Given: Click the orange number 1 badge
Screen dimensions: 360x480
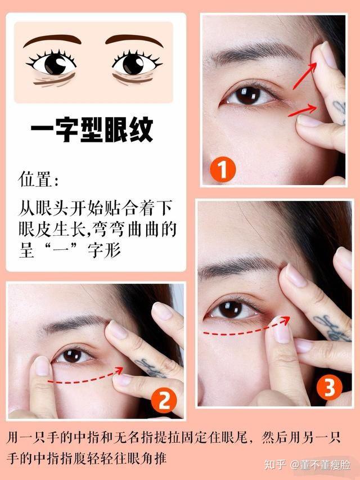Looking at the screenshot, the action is [x=223, y=169].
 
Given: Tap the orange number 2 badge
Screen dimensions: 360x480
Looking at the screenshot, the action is [x=164, y=400].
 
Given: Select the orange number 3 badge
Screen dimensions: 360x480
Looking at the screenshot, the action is [x=329, y=387].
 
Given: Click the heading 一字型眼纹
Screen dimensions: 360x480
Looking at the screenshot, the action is [x=92, y=129].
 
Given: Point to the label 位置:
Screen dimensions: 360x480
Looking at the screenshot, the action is [x=38, y=179].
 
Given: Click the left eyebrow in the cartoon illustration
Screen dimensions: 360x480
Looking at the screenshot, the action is [x=52, y=39].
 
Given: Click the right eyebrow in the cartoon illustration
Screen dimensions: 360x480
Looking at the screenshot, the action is [x=134, y=39].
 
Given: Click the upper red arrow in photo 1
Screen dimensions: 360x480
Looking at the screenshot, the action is [x=304, y=75].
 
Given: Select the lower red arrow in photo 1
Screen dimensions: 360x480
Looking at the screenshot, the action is [x=303, y=110].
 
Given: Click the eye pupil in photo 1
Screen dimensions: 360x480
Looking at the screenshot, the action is [x=247, y=95].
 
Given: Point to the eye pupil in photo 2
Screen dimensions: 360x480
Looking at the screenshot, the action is [x=72, y=356].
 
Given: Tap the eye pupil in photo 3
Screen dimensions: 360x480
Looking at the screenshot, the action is [x=230, y=309].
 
